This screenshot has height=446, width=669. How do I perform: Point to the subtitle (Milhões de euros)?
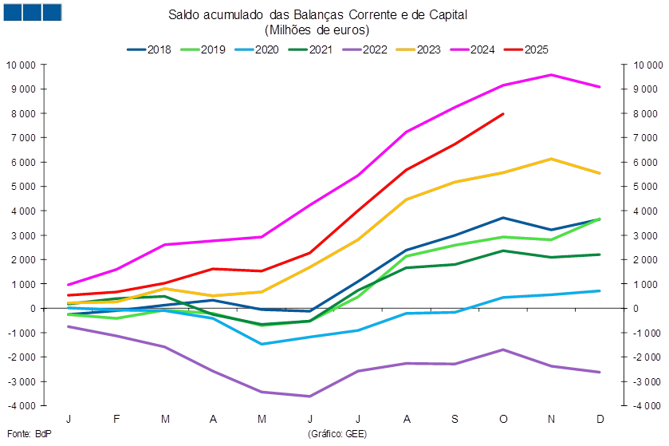(x=317, y=30)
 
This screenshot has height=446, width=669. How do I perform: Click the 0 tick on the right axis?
(x=626, y=308)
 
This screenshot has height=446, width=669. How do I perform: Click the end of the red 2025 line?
(x=503, y=114)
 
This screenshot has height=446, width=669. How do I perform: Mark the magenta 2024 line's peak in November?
(x=551, y=74)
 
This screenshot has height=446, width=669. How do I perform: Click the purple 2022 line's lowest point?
(x=309, y=396)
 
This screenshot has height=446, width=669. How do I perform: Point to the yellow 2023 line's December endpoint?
(x=600, y=173)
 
